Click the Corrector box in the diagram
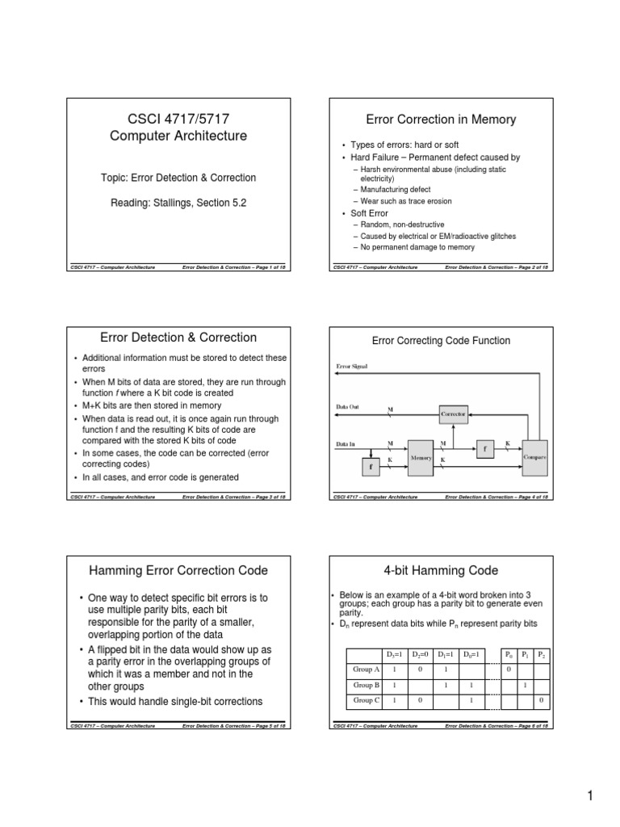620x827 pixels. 453,413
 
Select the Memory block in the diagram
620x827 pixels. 422,457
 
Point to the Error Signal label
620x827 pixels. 354,367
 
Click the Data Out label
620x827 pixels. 348,406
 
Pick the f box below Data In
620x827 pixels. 371,468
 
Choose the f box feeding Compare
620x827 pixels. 484,447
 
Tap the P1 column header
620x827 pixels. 526,653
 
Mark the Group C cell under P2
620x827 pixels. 542,699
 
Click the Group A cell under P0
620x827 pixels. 508,670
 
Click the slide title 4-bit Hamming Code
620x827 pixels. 441,570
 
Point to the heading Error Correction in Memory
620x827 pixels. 441,120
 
